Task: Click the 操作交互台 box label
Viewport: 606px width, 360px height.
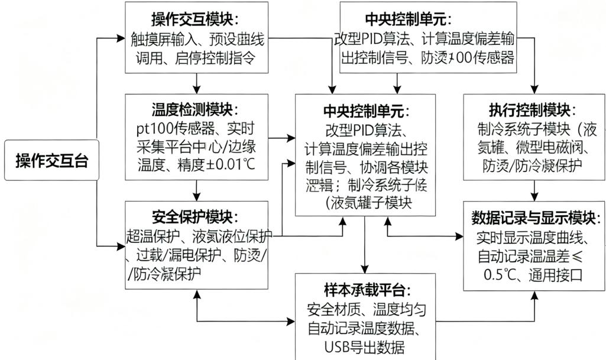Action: (51, 160)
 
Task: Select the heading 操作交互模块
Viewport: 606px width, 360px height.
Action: (195, 20)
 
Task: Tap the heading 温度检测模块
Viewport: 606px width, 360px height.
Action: (195, 109)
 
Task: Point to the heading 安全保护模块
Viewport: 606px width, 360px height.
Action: (195, 217)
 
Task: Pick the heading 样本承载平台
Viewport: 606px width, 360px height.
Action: (367, 290)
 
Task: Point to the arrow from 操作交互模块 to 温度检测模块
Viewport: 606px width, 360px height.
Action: (196, 83)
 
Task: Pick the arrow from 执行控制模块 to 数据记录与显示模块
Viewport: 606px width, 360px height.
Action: (535, 190)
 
